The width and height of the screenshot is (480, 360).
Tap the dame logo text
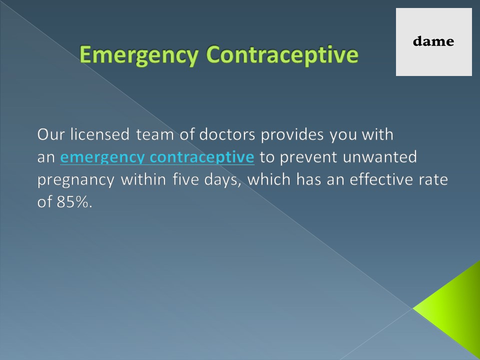(433, 41)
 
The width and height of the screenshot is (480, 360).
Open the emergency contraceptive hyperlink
(157, 158)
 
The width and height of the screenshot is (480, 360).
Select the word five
(187, 180)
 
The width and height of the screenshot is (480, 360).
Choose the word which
(268, 180)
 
